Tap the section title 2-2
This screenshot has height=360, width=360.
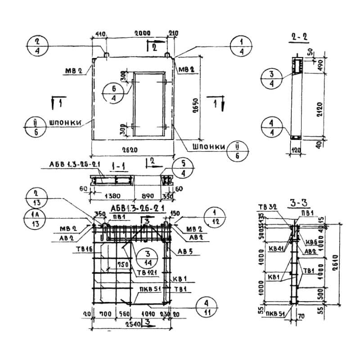(x=297, y=38)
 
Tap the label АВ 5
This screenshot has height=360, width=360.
(x=185, y=252)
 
